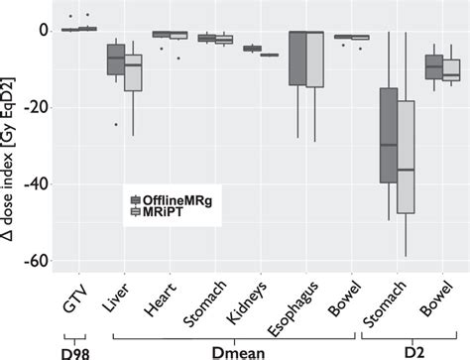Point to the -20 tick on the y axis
(38, 107)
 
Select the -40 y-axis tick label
(38, 184)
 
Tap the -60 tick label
(38, 261)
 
